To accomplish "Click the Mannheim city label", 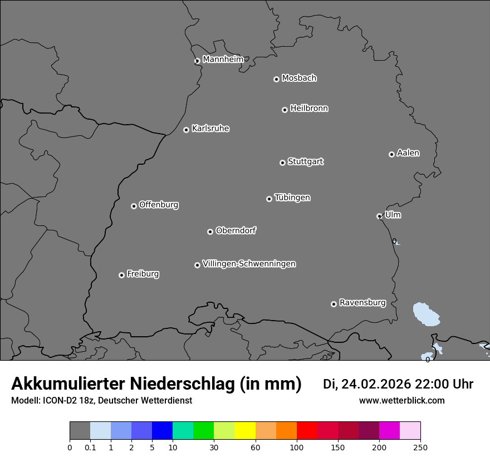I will pos(223,60).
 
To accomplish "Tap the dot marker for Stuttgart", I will pos(282,163).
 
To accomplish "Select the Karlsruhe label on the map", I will pos(210,129).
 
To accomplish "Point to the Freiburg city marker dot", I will pos(121,275).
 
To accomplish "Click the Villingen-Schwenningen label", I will pos(249,264).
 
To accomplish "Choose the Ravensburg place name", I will pos(362,303).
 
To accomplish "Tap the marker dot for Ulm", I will pos(379,216).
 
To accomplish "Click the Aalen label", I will pos(408,153).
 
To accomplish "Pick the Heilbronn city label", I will pos(309,109).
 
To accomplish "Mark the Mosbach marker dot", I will pos(276,79).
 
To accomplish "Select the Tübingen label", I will pos(292,198).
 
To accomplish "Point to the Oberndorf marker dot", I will pos(210,232).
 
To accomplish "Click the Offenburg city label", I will pos(159,205).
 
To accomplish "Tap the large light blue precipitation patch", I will pos(426,314).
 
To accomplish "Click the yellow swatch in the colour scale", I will pos(244,431).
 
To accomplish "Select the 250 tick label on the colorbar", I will pos(420,448).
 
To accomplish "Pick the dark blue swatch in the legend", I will pos(162,431).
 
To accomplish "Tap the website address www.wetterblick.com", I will pos(401,401).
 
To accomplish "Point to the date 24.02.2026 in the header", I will pos(376,384).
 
